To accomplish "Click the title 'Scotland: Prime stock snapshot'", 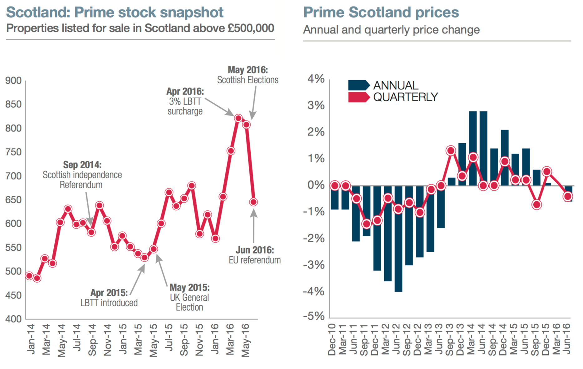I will (x=115, y=12).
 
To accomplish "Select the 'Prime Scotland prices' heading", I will (x=381, y=12).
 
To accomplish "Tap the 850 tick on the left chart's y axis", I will (x=13, y=104).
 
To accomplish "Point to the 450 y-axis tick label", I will (x=13, y=295).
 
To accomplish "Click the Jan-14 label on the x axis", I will (x=31, y=339).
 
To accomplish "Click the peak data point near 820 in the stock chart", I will (x=238, y=118).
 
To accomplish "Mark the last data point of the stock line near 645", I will (x=253, y=202).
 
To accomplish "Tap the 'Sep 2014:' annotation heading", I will (x=82, y=165).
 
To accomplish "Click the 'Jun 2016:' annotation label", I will (x=255, y=250).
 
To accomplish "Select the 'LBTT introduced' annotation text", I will (x=109, y=303).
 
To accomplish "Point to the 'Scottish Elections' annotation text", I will (x=247, y=80).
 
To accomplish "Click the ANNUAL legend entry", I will (x=384, y=85).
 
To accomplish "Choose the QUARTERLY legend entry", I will (x=393, y=97).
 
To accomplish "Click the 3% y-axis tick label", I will (x=316, y=106).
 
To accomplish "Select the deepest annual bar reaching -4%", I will (x=398, y=239).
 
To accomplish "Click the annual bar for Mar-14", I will (x=473, y=148).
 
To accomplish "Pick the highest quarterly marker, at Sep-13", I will (x=451, y=151).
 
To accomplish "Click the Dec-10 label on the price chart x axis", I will (x=332, y=339).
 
